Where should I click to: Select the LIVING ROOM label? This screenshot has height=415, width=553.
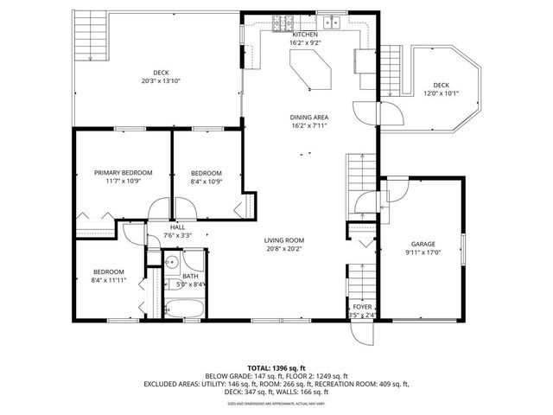pos(284,240)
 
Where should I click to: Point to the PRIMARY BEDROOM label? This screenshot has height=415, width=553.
pos(123,173)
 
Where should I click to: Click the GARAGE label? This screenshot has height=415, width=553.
pos(423,244)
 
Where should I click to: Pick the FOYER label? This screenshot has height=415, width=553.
pos(362,307)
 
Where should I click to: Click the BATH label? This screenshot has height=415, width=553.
pos(190,276)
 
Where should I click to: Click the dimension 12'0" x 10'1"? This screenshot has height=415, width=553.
pos(441,93)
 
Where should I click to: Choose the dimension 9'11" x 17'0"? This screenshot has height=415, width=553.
pos(423,252)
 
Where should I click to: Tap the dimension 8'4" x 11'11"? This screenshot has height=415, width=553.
pos(109,280)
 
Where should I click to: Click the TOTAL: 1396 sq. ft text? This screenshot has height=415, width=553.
pos(276,368)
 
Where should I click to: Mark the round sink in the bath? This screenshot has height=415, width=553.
pos(171,264)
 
